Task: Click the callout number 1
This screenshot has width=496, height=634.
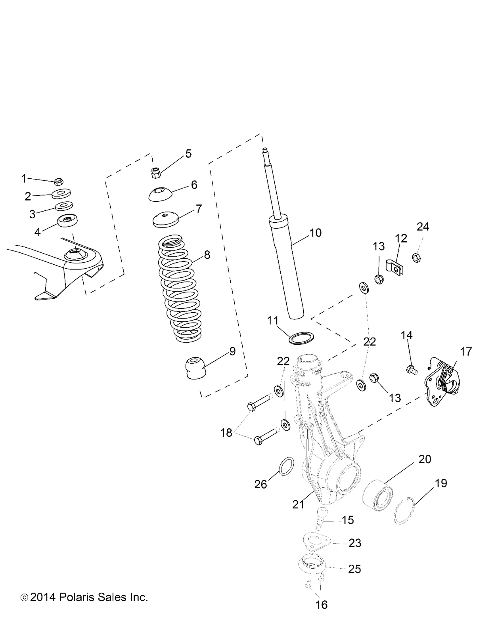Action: click(24, 179)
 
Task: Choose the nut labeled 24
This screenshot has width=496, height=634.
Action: click(417, 258)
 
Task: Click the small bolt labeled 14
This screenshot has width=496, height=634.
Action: click(411, 370)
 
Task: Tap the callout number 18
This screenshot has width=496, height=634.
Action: click(226, 433)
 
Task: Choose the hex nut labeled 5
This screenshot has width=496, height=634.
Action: click(155, 172)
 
